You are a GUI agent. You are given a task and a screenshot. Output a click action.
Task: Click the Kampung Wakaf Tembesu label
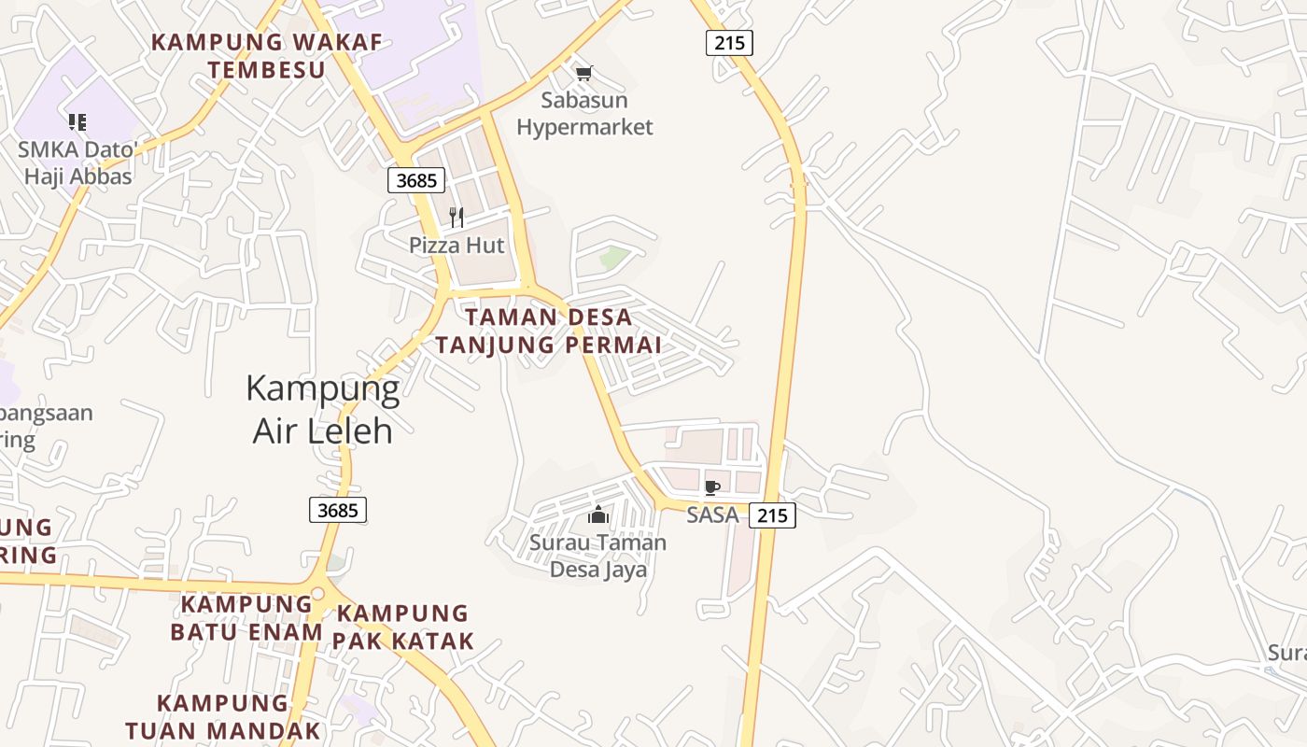266,56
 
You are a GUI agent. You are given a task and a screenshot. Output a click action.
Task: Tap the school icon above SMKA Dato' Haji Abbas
77,121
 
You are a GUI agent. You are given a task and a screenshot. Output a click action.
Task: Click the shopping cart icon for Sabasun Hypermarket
584,73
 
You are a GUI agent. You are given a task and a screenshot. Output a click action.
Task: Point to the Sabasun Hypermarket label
584,113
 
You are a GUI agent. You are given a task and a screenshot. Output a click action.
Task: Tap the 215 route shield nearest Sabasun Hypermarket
729,42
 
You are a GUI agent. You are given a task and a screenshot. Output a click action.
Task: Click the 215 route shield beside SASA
772,514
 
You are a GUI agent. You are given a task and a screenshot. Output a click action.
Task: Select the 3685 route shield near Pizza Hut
415,180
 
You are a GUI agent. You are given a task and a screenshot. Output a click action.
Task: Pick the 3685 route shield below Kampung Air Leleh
337,510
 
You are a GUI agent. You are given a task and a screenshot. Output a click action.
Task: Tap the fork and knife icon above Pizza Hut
457,218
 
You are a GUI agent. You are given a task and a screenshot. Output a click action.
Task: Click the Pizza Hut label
457,246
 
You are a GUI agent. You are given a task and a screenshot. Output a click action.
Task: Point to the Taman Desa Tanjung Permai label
549,331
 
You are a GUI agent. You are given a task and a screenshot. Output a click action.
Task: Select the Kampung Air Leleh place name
323,409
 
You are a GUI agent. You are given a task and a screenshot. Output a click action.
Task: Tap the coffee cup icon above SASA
711,487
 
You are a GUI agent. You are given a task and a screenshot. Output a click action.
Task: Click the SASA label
712,514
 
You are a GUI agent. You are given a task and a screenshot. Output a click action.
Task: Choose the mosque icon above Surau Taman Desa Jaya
598,514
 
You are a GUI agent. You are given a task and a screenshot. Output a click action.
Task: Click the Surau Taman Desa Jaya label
598,556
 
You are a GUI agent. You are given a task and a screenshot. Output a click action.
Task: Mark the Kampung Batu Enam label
246,617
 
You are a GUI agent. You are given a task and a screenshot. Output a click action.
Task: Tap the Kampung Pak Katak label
402,627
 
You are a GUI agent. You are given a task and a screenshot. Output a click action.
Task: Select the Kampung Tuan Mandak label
222,716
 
